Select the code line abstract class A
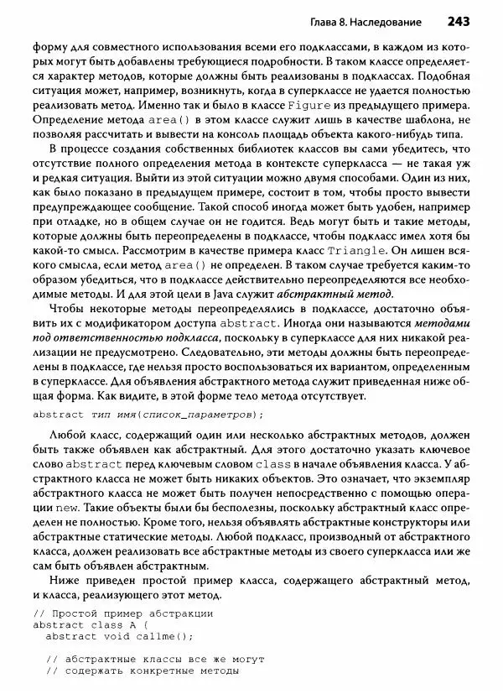(x=90, y=624)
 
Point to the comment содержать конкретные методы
(x=143, y=671)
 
